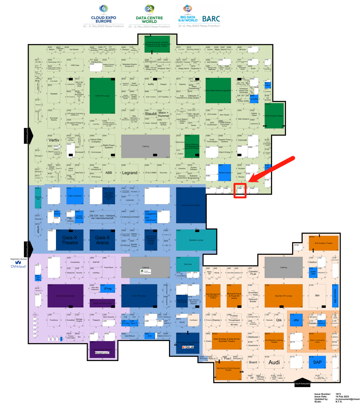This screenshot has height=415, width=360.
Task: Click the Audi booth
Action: click(274, 362)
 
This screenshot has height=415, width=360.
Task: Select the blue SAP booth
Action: click(317, 362)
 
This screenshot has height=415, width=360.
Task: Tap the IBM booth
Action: click(317, 295)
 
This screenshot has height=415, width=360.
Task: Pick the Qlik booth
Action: click(279, 320)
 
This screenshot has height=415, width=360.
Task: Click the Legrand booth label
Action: click(130, 173)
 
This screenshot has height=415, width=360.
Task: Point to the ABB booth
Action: click(109, 173)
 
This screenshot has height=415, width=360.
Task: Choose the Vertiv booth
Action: click(54, 140)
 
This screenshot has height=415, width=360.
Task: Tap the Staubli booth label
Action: click(151, 114)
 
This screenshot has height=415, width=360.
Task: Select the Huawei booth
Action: click(54, 94)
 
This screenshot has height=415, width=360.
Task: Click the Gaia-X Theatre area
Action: click(70, 240)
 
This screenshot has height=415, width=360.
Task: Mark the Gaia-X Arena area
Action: click(102, 240)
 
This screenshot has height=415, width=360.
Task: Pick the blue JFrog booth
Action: click(108, 288)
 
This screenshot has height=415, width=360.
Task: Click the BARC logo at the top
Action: click(211, 19)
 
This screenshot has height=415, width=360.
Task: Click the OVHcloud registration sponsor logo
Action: click(18, 264)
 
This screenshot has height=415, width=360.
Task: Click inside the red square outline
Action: click(240, 191)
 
